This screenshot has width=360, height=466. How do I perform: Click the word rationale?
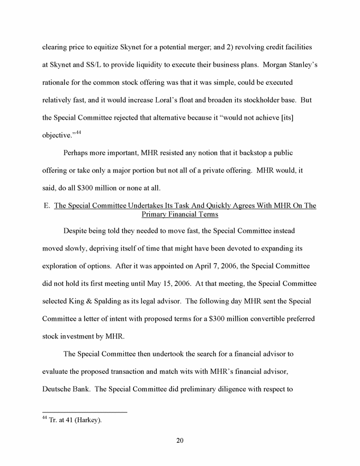(x=58, y=83)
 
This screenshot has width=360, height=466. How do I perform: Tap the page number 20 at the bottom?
(x=179, y=441)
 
